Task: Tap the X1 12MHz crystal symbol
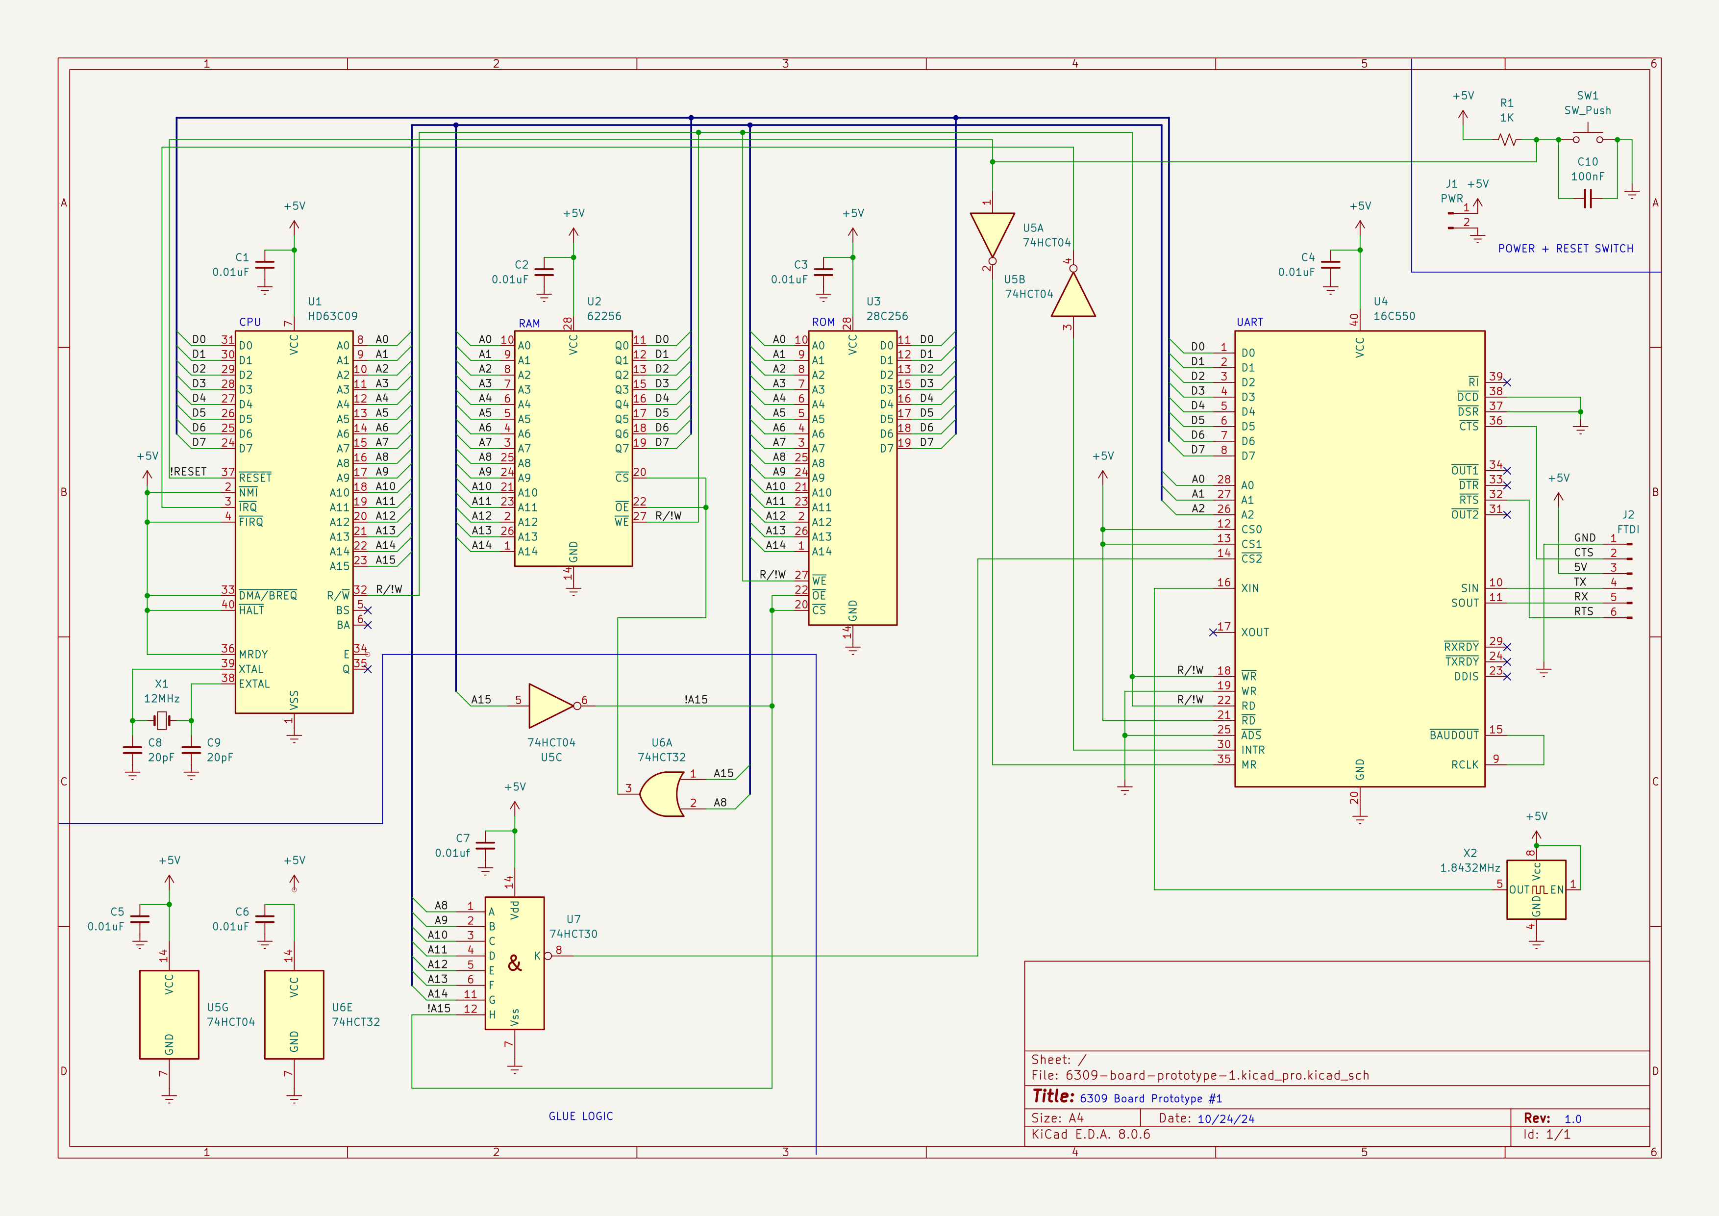pyautogui.click(x=162, y=721)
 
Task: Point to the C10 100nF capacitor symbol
pyautogui.click(x=1587, y=199)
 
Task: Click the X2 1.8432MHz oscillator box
pyautogui.click(x=1536, y=889)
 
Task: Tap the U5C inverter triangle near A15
pyautogui.click(x=552, y=706)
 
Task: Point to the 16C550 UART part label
pyautogui.click(x=1394, y=316)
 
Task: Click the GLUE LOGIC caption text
pyautogui.click(x=580, y=1115)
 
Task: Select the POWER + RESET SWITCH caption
pyautogui.click(x=1565, y=249)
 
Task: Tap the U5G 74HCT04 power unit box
pyautogui.click(x=169, y=1014)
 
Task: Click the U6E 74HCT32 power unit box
pyautogui.click(x=294, y=1014)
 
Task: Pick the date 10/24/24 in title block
pyautogui.click(x=1225, y=1118)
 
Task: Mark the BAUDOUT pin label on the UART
pyautogui.click(x=1453, y=735)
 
